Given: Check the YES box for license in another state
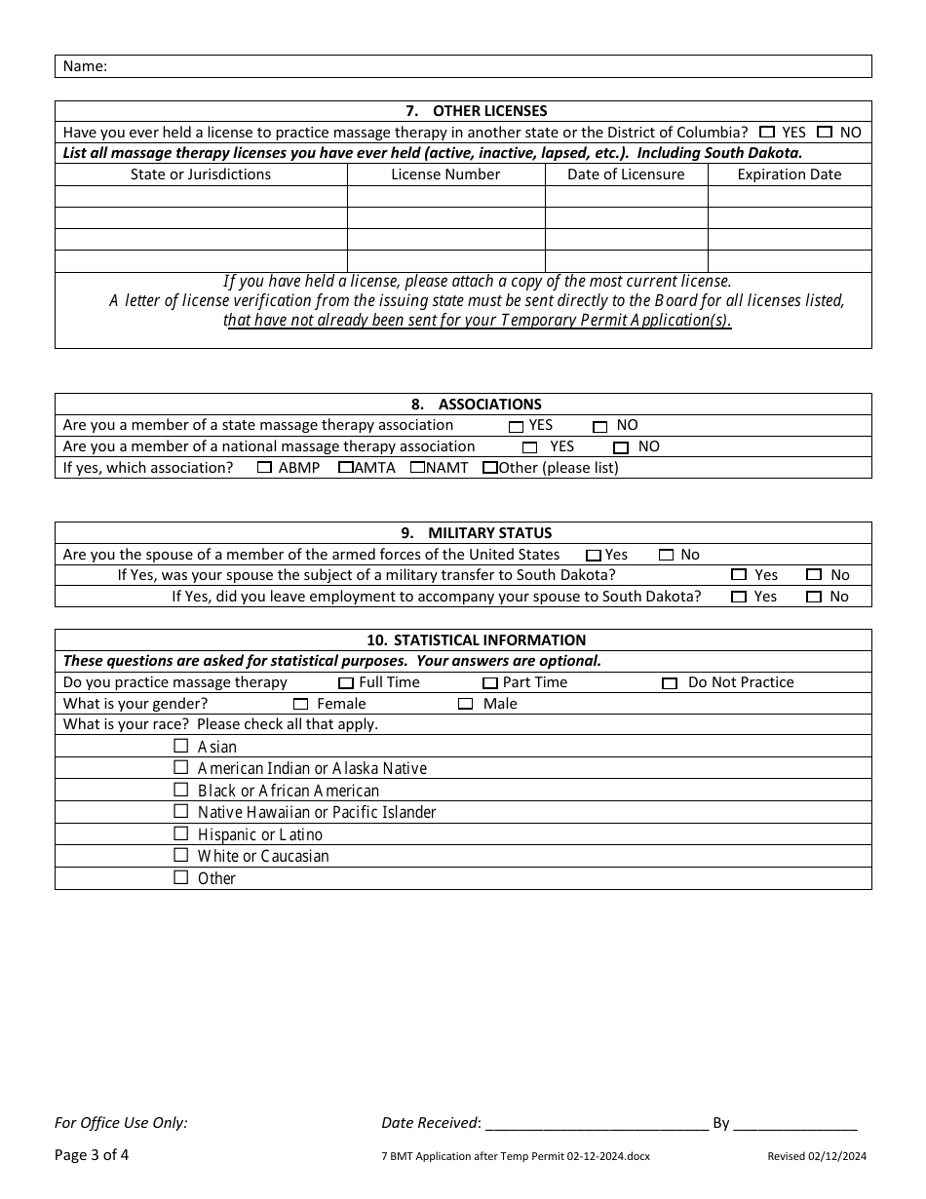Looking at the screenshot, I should [x=767, y=133].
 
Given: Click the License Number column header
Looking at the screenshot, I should [x=445, y=174].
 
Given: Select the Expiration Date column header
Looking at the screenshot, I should [x=789, y=174].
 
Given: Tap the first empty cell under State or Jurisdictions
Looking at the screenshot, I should [x=201, y=196].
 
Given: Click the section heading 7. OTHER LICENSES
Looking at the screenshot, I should [x=463, y=111].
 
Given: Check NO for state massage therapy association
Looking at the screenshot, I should [x=600, y=426].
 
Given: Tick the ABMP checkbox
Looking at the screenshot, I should [x=264, y=468].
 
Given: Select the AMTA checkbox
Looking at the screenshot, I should [x=345, y=468].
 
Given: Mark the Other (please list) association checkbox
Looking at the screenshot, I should [x=490, y=468].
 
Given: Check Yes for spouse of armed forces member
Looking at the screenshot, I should [x=593, y=556].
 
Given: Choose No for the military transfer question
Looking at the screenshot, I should [x=814, y=575].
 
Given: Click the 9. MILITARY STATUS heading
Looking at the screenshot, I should [x=463, y=533].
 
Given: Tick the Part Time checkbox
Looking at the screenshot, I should [x=490, y=683].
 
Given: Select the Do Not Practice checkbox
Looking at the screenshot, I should [x=670, y=683].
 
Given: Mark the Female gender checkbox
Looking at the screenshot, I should [x=300, y=704].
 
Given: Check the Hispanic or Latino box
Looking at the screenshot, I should [x=180, y=833].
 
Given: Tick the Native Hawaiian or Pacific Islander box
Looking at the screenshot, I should [x=180, y=811].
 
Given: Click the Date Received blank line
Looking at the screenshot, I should [x=596, y=1123].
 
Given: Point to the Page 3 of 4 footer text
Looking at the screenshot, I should [x=92, y=1155].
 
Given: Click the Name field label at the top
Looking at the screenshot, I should [x=85, y=66].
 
